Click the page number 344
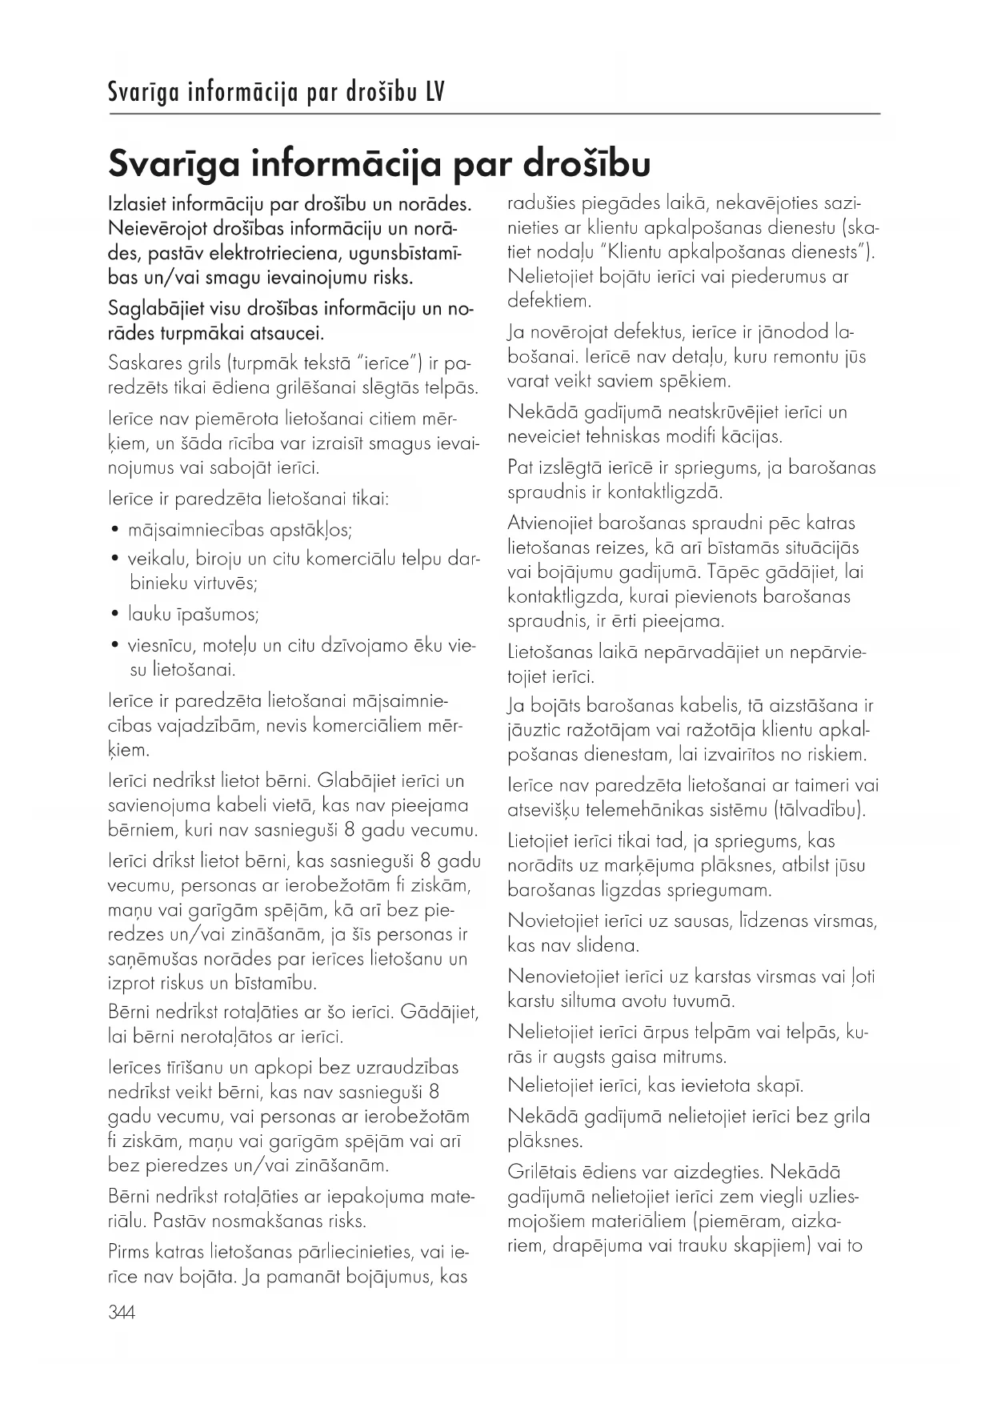[122, 1313]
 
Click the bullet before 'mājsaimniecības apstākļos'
[117, 531]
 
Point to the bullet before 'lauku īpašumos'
[117, 616]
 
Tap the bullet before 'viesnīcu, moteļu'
[117, 645]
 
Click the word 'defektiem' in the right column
[549, 302]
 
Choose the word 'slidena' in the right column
[608, 945]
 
